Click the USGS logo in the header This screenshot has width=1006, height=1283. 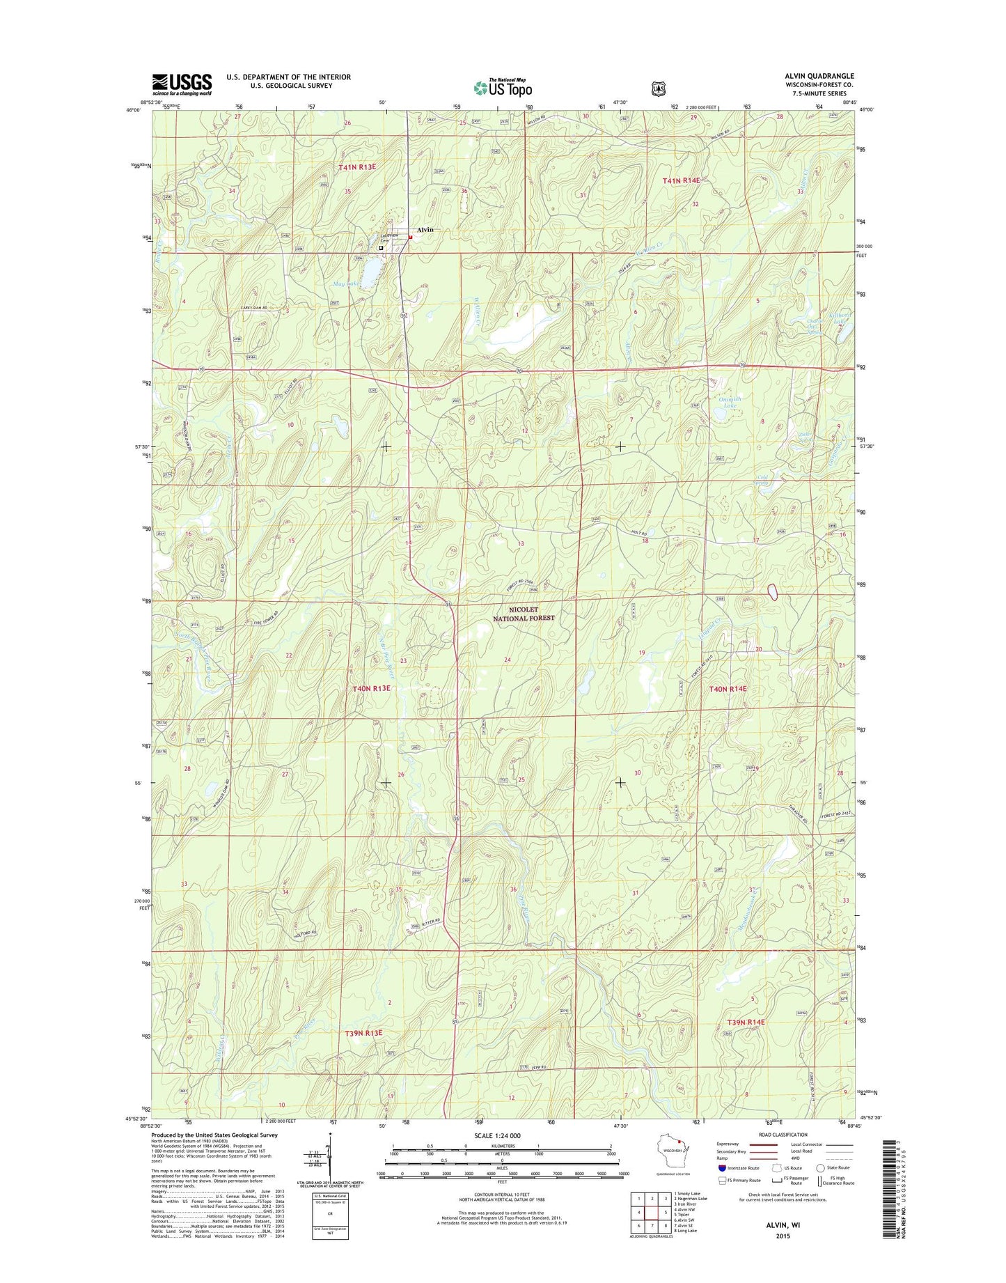point(182,85)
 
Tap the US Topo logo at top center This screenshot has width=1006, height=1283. point(503,88)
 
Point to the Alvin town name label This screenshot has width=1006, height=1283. point(425,230)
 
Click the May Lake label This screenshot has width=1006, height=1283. point(346,284)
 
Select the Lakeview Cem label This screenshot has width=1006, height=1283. point(388,238)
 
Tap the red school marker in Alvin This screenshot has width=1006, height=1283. point(410,237)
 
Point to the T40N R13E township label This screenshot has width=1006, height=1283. point(371,688)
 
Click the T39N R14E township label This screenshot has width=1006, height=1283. point(745,1022)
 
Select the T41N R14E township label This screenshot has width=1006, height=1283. point(680,180)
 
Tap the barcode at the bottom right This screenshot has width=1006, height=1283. point(886,1198)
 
